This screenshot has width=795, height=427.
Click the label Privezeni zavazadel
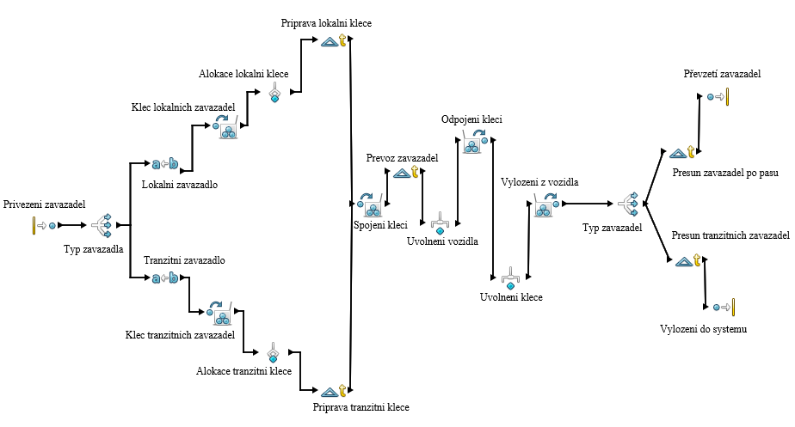click(x=45, y=204)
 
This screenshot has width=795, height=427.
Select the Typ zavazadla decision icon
click(x=102, y=225)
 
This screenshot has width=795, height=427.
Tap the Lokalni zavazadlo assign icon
click(x=165, y=163)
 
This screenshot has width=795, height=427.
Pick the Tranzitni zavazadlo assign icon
click(x=165, y=278)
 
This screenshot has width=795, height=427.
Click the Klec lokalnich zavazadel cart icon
click(x=229, y=129)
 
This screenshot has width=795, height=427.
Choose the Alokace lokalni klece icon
click(x=275, y=93)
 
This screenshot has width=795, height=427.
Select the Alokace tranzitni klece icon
click(x=273, y=351)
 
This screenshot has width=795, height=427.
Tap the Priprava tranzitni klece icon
click(x=333, y=391)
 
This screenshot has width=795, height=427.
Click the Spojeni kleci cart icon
click(x=372, y=206)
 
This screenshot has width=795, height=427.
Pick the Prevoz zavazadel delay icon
click(x=407, y=173)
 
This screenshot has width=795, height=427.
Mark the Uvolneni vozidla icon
click(x=440, y=222)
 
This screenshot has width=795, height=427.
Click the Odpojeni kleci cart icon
click(x=474, y=142)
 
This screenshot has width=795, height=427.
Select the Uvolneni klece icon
click(x=509, y=278)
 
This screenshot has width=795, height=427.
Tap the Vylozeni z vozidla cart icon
click(x=545, y=204)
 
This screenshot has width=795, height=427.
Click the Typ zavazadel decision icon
click(x=629, y=204)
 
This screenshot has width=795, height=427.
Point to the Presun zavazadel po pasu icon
click(x=683, y=153)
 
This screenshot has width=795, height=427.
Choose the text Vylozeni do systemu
click(x=704, y=329)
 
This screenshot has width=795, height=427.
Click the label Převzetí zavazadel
click(x=723, y=75)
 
